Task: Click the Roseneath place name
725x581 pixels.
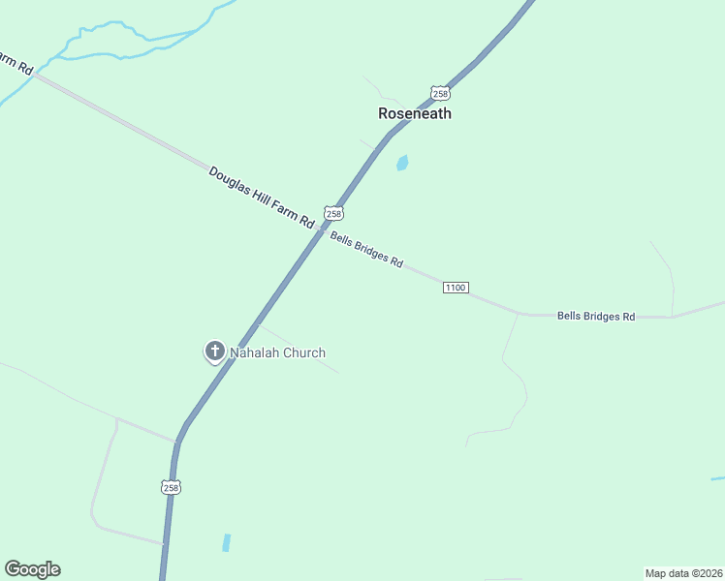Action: pyautogui.click(x=414, y=113)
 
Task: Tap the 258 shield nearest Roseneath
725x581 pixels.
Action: pyautogui.click(x=441, y=93)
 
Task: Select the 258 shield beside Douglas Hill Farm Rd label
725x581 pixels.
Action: pyautogui.click(x=334, y=213)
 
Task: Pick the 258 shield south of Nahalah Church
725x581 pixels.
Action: pyautogui.click(x=171, y=487)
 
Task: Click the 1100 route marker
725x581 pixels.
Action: pyautogui.click(x=456, y=288)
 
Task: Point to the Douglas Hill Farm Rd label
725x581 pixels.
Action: pyautogui.click(x=262, y=198)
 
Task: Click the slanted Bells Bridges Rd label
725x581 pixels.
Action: pyautogui.click(x=366, y=249)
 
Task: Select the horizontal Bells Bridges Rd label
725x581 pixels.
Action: pyautogui.click(x=595, y=317)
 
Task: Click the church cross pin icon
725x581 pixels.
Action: pyautogui.click(x=214, y=352)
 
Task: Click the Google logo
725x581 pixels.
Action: pyautogui.click(x=32, y=569)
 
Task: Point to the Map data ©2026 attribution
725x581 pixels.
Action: pyautogui.click(x=683, y=573)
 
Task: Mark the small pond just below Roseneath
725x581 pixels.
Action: pyautogui.click(x=402, y=163)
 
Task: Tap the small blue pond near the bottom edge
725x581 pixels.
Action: pyautogui.click(x=227, y=542)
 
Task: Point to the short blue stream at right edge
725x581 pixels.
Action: pyautogui.click(x=717, y=478)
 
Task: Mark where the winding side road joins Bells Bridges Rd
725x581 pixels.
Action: pyautogui.click(x=519, y=314)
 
